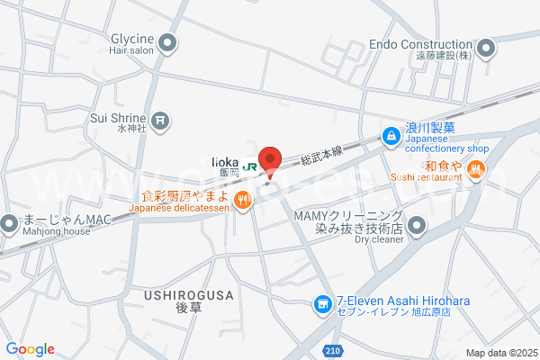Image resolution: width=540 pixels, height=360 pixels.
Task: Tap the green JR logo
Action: click(x=251, y=165)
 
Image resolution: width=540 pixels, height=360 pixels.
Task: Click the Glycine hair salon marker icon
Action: click(x=168, y=42)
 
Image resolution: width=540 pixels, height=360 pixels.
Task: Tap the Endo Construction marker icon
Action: click(x=486, y=48)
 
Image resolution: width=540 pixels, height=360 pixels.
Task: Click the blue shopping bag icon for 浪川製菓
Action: click(x=391, y=136)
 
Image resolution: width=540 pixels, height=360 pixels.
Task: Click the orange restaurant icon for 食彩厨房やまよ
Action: click(x=241, y=201)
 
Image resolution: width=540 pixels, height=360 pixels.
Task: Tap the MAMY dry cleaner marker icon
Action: click(x=416, y=224)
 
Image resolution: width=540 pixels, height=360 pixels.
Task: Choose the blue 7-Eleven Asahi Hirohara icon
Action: click(x=321, y=306)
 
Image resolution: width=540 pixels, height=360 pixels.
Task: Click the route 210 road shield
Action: click(x=334, y=350)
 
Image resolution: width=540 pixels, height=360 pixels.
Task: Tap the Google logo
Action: click(x=30, y=349)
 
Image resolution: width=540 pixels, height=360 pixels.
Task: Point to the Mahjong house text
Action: click(x=58, y=231)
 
